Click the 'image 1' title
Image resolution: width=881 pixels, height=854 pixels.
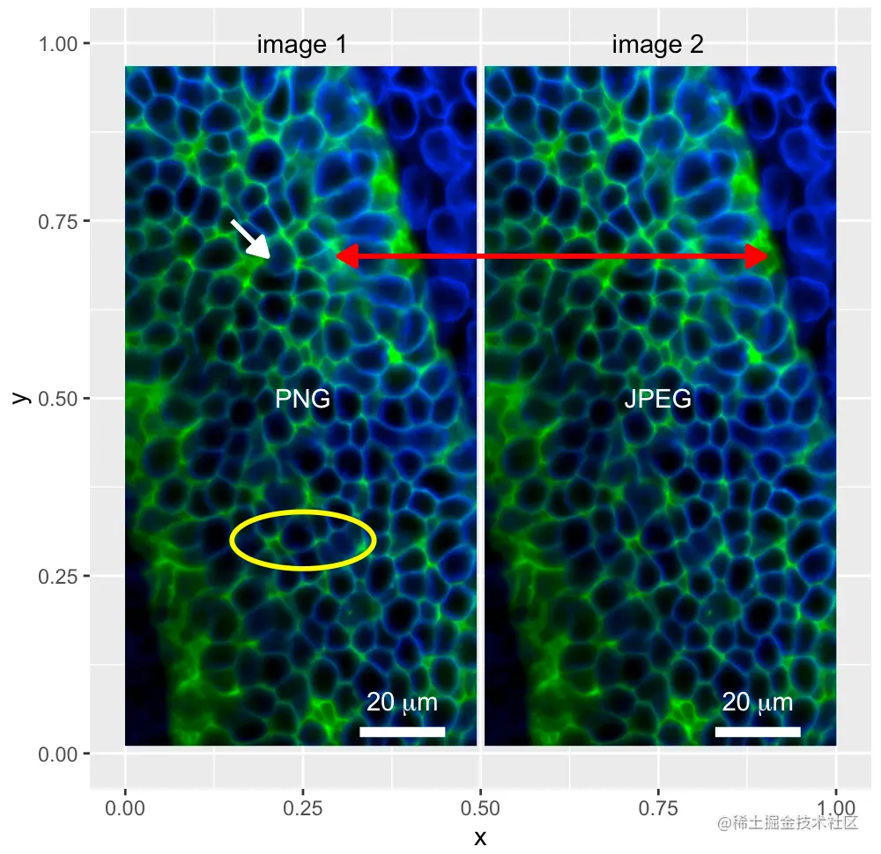(301, 44)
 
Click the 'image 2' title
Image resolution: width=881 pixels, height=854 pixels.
(657, 44)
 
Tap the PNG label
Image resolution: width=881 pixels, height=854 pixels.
(302, 399)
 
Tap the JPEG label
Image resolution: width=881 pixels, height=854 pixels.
(658, 399)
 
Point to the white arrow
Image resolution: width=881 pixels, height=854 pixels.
(250, 239)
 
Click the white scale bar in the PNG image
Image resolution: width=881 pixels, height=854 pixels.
(403, 732)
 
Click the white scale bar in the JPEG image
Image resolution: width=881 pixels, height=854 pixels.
(758, 732)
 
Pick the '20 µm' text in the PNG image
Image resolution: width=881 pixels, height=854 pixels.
(402, 703)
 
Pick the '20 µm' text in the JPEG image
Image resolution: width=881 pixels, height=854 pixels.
(758, 703)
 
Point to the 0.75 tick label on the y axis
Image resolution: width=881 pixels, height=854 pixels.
(57, 222)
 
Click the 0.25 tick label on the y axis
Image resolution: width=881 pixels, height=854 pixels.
(57, 577)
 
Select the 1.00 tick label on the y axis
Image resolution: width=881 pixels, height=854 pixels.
(57, 44)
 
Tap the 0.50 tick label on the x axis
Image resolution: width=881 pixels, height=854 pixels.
(480, 808)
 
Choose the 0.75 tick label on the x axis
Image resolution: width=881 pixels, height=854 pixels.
(658, 808)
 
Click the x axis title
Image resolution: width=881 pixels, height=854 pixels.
(480, 838)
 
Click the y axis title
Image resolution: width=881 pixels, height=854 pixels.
(21, 398)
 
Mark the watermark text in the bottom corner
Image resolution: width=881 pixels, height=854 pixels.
(788, 822)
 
